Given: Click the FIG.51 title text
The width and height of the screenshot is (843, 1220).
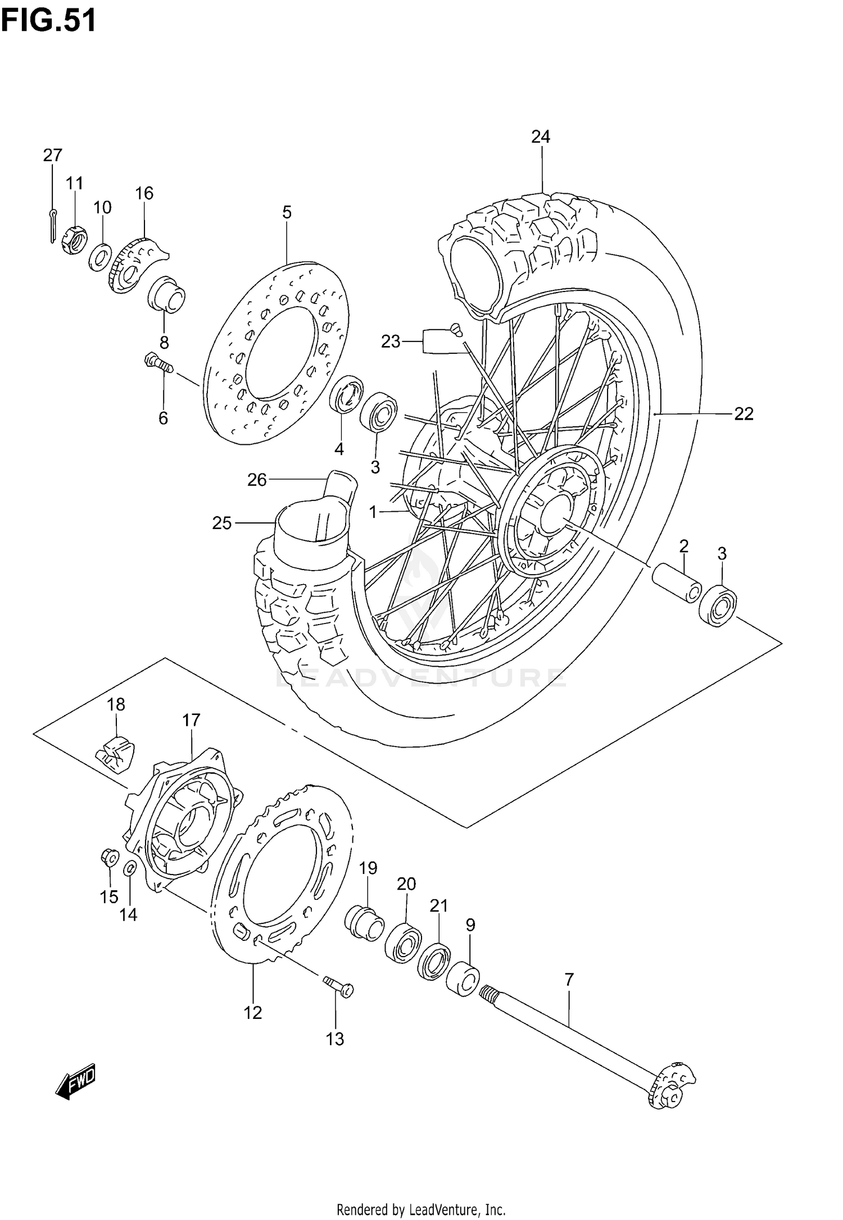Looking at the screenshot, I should pos(48,21).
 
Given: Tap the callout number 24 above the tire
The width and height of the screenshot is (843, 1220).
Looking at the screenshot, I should pos(541,136).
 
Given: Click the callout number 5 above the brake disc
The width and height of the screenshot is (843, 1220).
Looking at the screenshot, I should pos(287,212).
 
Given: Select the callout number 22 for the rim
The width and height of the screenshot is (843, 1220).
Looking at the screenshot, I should pos(744,414).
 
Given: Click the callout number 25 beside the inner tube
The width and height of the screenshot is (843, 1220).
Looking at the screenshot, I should pos(222,523).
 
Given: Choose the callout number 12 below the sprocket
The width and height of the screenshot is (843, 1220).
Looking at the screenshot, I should pos(253,1013).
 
